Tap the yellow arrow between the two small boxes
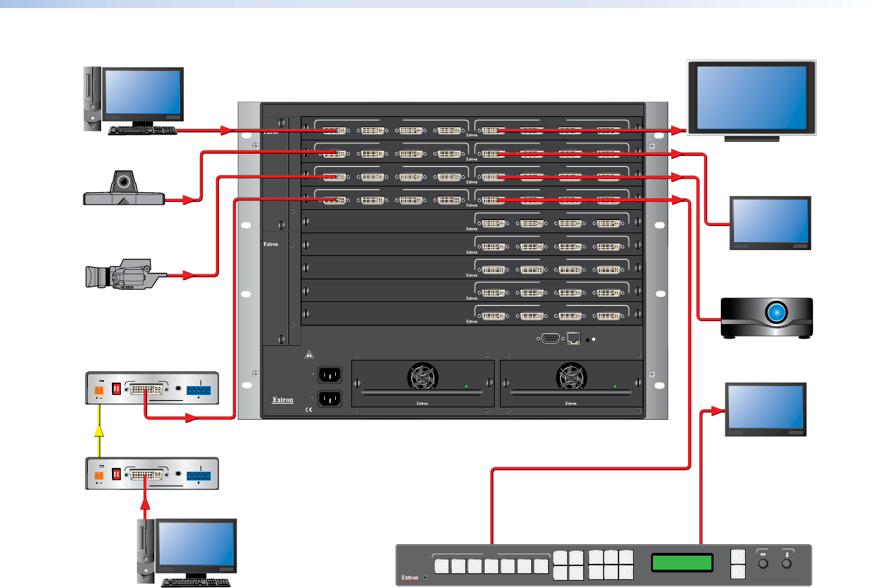(x=99, y=431)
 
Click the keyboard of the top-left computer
(x=142, y=130)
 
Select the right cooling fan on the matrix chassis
(x=571, y=377)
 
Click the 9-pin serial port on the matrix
(x=550, y=339)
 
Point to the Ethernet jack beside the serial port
(x=573, y=339)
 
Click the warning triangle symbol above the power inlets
(x=310, y=355)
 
